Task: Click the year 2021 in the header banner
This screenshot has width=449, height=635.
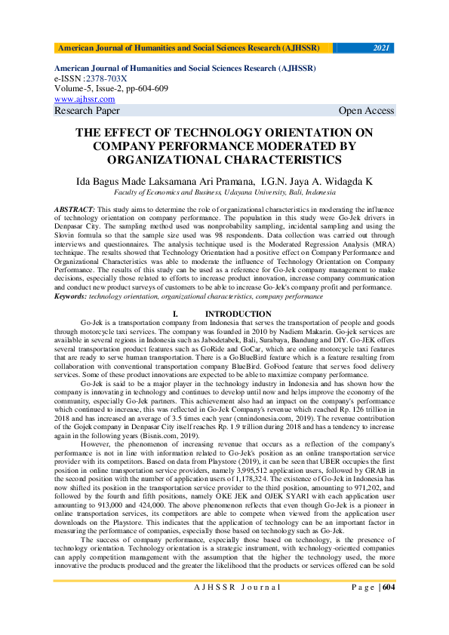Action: click(383, 48)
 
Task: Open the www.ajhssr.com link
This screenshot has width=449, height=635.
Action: click(85, 99)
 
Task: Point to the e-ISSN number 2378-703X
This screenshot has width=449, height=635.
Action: click(107, 78)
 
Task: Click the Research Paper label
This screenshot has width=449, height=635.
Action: click(87, 111)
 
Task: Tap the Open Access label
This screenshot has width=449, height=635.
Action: click(366, 111)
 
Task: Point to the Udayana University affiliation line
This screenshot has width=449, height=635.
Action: click(224, 193)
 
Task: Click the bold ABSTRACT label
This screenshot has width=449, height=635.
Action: click(75, 207)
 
